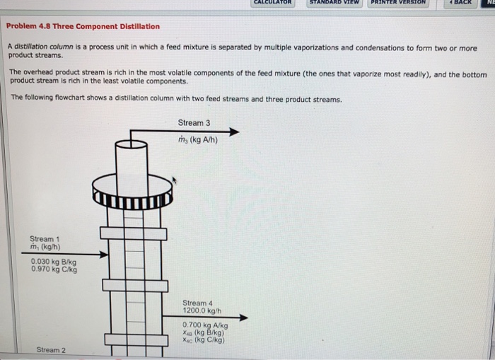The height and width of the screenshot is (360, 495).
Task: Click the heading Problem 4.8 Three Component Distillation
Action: click(83, 27)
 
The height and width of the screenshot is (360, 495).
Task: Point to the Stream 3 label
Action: click(194, 123)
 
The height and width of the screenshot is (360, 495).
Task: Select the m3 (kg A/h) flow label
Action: click(198, 139)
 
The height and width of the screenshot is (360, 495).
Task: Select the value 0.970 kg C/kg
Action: click(55, 269)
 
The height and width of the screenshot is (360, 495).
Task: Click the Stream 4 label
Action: click(197, 303)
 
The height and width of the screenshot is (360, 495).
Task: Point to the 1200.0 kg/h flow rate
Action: click(202, 310)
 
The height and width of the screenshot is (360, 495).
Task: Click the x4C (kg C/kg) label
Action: click(204, 340)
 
